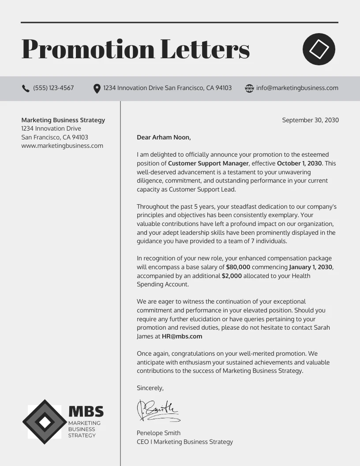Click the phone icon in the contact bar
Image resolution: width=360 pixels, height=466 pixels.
[x=26, y=88]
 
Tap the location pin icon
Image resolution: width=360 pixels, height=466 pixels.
[x=97, y=89]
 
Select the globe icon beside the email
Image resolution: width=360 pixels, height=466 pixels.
[x=249, y=88]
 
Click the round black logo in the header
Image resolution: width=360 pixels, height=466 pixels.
[x=319, y=49]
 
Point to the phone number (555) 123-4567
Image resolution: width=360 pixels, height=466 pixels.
[x=53, y=88]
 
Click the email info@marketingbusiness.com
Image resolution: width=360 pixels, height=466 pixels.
[x=297, y=88]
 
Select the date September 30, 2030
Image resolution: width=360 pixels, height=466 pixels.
[x=310, y=120]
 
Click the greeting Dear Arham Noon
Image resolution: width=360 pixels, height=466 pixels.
[x=164, y=137]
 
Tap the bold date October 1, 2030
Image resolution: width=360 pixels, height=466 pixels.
[x=300, y=163]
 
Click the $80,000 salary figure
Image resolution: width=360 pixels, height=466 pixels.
[x=238, y=267]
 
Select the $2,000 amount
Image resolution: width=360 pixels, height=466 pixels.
[x=232, y=276]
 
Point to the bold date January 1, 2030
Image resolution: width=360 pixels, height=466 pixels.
[x=311, y=267]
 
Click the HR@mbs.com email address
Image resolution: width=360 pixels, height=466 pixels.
[x=182, y=336]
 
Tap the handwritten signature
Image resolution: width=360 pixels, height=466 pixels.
[x=157, y=410]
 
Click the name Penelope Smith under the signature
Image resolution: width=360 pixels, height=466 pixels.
[x=158, y=433]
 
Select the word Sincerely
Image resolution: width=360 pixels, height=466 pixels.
[x=150, y=388]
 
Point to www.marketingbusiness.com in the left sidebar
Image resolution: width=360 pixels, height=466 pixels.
[x=62, y=146]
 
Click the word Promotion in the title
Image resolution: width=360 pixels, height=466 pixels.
[x=88, y=49]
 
